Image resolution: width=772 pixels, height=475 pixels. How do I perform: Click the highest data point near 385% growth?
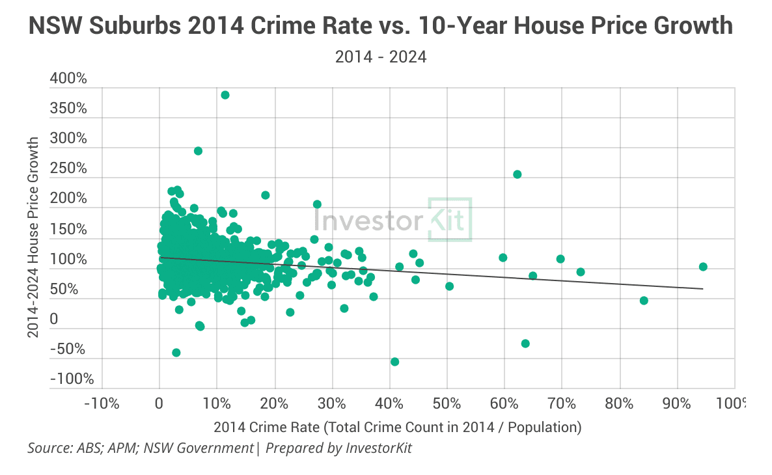pos(225,95)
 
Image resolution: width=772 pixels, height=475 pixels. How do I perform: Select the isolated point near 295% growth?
pos(199,151)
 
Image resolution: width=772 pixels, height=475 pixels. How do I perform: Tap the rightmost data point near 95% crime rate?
pos(703,267)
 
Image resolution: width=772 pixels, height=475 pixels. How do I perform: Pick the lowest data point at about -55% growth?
pos(394,362)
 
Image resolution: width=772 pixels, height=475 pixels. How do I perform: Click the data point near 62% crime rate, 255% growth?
pos(517,174)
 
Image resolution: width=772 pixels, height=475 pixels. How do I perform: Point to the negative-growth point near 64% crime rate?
pos(525,344)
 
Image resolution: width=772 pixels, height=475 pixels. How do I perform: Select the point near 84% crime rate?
pos(644,301)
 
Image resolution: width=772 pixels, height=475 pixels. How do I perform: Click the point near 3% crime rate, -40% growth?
pos(176,353)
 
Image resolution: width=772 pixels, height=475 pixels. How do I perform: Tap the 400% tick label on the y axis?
pos(68,79)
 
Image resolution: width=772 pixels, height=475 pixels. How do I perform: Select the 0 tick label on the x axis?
pos(159,403)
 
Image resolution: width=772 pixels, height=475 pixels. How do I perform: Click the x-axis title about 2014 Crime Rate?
pos(397,428)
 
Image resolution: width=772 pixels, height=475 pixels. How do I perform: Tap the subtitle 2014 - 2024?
pos(381,57)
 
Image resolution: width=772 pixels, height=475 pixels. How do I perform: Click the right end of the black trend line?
pos(702,288)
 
